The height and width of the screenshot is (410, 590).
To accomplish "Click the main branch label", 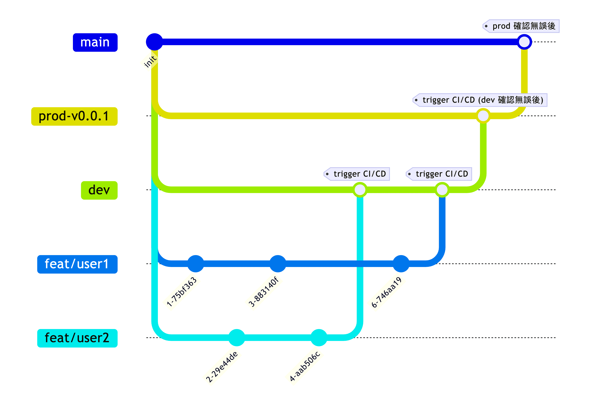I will point(95,42).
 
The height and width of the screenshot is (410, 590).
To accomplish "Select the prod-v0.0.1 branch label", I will point(74,116).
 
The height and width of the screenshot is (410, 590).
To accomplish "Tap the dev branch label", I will point(99,190).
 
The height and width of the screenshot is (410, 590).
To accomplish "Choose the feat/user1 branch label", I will point(77,264).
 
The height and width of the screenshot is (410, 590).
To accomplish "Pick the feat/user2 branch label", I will point(77,338).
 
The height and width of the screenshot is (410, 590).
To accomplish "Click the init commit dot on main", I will point(154,42).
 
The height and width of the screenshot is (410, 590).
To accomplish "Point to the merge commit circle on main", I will point(524,42).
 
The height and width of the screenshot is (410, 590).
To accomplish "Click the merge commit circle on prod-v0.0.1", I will point(483,116).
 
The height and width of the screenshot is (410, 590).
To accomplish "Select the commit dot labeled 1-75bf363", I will point(195,264).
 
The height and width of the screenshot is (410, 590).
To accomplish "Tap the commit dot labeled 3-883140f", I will point(278,264).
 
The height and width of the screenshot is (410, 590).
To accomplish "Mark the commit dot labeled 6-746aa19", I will point(401,264).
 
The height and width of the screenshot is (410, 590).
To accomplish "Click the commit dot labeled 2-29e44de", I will point(237,337).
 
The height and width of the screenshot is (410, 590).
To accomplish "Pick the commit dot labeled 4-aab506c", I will point(319,337).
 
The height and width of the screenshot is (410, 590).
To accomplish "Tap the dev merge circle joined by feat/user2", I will point(360,190).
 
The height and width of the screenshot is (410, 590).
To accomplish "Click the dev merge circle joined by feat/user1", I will point(442,190).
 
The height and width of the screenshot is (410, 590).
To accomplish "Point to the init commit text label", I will point(150,61).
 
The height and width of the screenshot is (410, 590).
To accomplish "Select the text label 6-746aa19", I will point(387,292).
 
